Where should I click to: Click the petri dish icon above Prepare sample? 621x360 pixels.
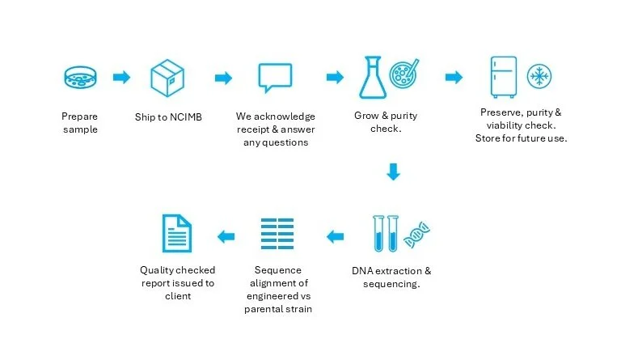(80, 78)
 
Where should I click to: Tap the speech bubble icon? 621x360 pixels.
(275, 78)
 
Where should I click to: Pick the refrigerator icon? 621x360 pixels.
(503, 77)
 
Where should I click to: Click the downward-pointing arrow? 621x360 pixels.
(393, 172)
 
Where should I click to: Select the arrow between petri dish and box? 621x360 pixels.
(121, 78)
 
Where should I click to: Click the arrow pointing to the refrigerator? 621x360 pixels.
(454, 78)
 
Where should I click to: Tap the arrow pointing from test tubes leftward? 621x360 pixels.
(335, 236)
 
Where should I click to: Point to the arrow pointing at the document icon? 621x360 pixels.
(226, 236)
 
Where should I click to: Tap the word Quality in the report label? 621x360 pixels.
(158, 270)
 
